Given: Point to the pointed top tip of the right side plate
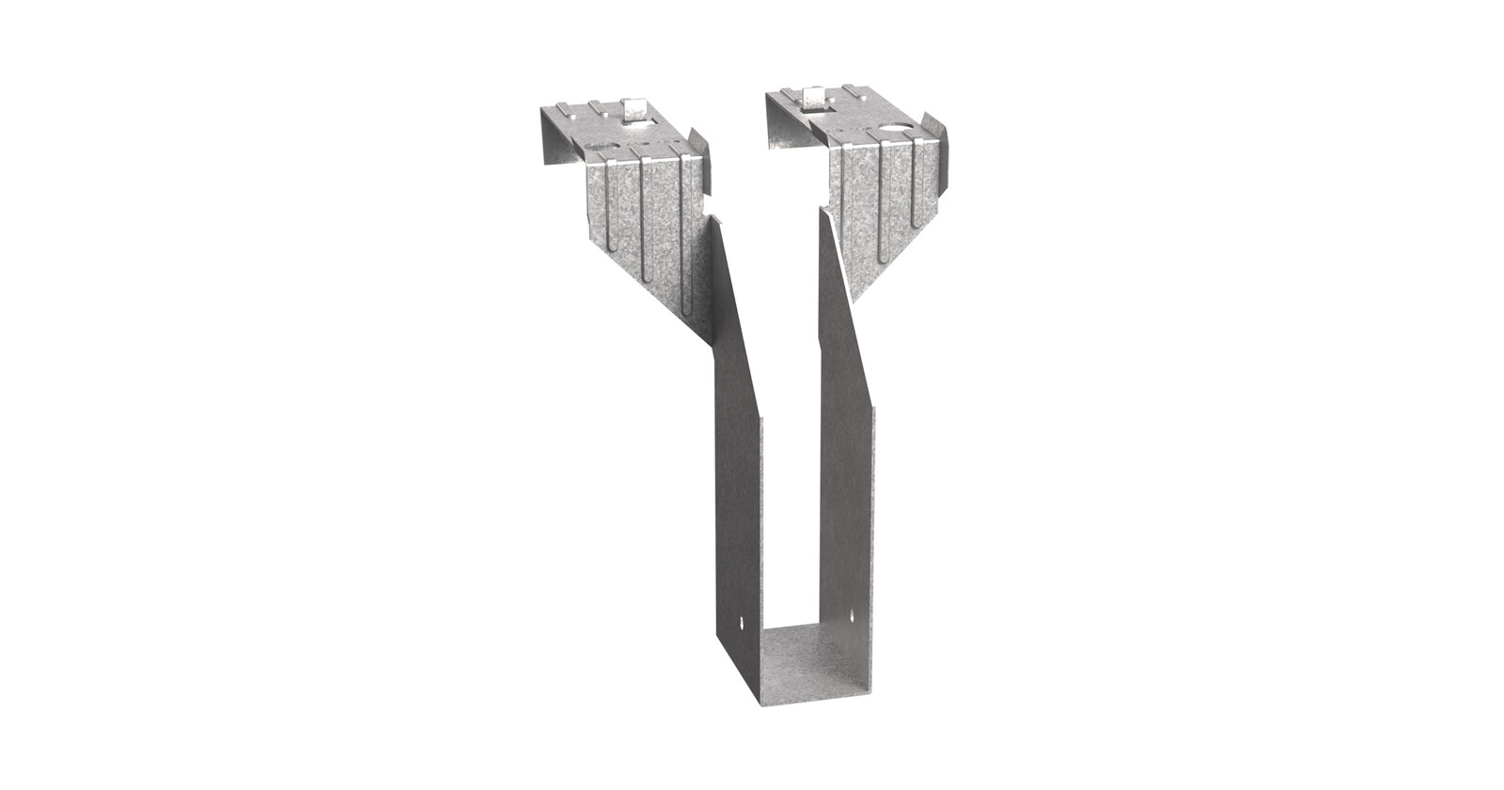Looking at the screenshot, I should tap(823, 212).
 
